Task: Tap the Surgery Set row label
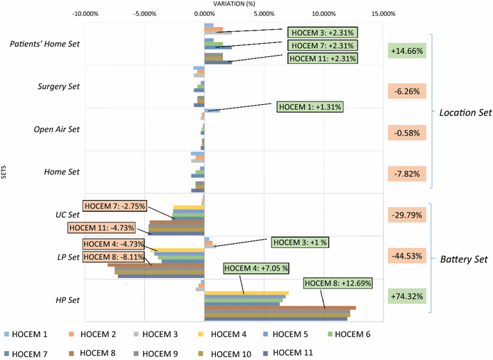click(x=58, y=87)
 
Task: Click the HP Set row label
click(x=67, y=300)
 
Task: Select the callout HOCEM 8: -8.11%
click(x=114, y=256)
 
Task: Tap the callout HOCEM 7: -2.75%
click(x=115, y=206)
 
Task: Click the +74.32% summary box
click(x=407, y=295)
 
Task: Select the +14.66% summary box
click(x=407, y=51)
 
